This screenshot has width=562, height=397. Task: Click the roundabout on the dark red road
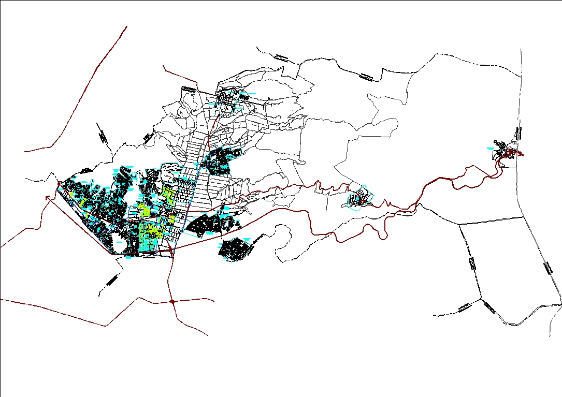(172, 301)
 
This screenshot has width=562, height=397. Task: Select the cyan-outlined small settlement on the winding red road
(358, 199)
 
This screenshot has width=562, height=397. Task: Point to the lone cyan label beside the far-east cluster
(491, 149)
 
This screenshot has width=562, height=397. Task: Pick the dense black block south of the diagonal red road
(236, 248)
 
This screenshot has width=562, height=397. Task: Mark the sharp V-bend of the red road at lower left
(107, 326)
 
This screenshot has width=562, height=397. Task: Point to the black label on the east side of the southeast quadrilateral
(547, 267)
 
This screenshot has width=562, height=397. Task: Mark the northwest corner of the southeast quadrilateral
(459, 224)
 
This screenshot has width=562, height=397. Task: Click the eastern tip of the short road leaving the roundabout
(214, 300)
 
